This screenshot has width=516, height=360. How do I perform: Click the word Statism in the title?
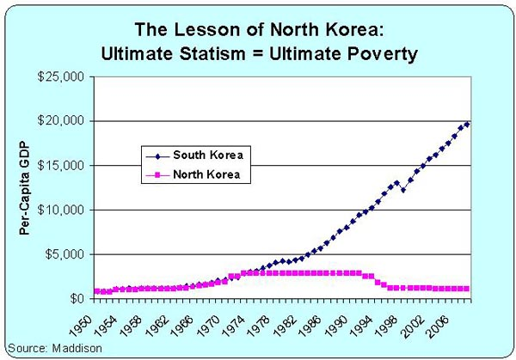tap(212, 54)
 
